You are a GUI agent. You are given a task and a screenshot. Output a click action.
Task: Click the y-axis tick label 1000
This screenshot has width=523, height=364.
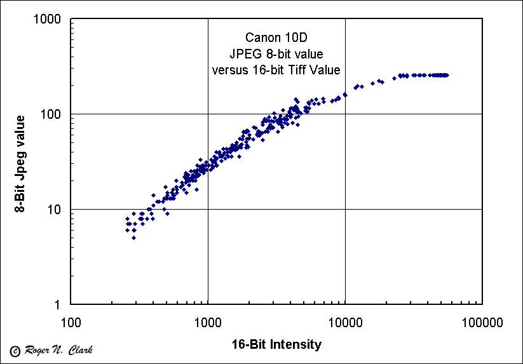pyautogui.click(x=48, y=20)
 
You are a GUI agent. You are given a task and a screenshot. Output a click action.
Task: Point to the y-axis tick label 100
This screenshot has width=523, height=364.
pyautogui.click(x=51, y=114)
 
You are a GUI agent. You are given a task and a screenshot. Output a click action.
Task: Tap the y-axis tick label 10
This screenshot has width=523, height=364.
pyautogui.click(x=54, y=210)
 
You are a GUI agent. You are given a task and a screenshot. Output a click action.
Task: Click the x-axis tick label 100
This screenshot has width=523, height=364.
pyautogui.click(x=71, y=322)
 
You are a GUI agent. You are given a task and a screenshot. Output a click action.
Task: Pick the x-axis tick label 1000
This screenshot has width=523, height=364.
pyautogui.click(x=208, y=322)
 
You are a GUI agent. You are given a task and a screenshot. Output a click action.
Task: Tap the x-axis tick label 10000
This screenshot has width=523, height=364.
pyautogui.click(x=345, y=322)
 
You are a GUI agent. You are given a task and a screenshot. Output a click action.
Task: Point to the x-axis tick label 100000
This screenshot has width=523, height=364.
pyautogui.click(x=482, y=322)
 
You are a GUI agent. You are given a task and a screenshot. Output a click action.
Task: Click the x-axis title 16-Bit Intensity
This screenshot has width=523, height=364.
pyautogui.click(x=276, y=345)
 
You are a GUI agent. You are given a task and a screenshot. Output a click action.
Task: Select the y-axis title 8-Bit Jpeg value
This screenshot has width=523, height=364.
pyautogui.click(x=21, y=162)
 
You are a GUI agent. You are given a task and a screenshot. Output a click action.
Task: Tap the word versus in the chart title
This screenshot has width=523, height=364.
pyautogui.click(x=231, y=69)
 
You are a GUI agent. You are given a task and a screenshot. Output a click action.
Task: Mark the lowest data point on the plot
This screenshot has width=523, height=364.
pyautogui.click(x=133, y=238)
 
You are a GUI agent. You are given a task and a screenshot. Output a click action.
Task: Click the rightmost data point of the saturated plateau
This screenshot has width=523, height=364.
pyautogui.click(x=447, y=75)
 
